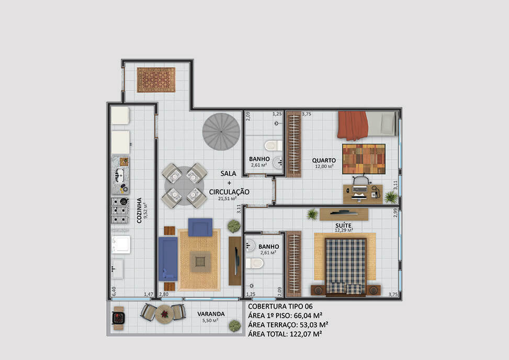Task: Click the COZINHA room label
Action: pyautogui.click(x=139, y=210)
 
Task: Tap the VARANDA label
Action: pyautogui.click(x=211, y=314)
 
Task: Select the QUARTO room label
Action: pyautogui.click(x=324, y=160)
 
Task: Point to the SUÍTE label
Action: pyautogui.click(x=344, y=225)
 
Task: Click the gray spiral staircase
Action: pyautogui.click(x=221, y=131)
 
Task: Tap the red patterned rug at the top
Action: pyautogui.click(x=156, y=80)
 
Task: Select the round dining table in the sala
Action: pyautogui.click(x=184, y=186)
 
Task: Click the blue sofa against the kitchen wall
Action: pyautogui.click(x=168, y=258)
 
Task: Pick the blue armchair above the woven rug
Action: pyautogui.click(x=200, y=227)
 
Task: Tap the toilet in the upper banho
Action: pyautogui.click(x=273, y=145)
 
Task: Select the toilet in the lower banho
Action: pyautogui.click(x=254, y=263)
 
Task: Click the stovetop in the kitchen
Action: pyautogui.click(x=120, y=211)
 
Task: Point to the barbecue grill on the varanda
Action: pyautogui.click(x=118, y=318)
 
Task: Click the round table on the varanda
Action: pyautogui.click(x=164, y=314)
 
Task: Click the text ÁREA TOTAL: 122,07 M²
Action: pyautogui.click(x=285, y=334)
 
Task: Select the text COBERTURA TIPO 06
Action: pyautogui.click(x=280, y=306)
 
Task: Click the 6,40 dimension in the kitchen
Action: pyautogui.click(x=114, y=291)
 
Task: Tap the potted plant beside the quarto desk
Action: pyautogui.click(x=391, y=197)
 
